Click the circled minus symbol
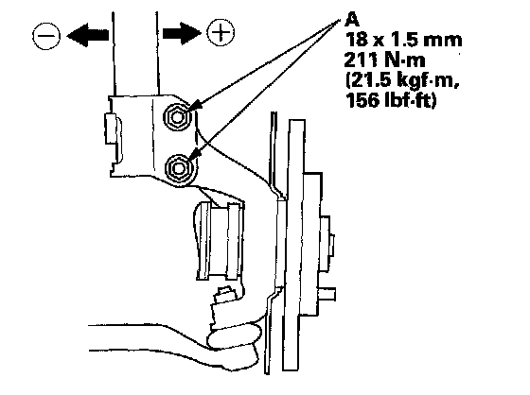pos(46,36)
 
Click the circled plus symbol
pos(221,32)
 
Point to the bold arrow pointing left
pos(87,35)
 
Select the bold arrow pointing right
pos(182,33)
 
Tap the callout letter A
pos(352,20)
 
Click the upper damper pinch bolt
pos(177,117)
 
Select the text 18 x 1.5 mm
pos(403,40)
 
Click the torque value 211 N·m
pos(384,60)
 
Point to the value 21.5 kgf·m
pos(402,81)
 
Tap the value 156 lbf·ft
pos(391,100)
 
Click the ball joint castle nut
pos(224,295)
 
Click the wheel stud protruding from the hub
pos(327,294)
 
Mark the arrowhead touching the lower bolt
pos(193,155)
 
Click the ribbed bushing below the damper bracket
pos(219,240)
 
